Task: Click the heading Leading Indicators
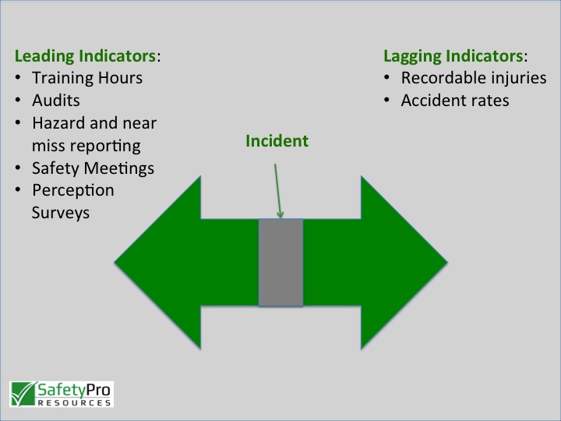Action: click(85, 56)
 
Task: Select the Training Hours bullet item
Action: click(87, 78)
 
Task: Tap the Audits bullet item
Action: click(56, 101)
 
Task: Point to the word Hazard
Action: click(58, 123)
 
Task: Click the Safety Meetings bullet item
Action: click(93, 168)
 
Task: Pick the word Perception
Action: click(73, 190)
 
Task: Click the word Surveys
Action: click(61, 212)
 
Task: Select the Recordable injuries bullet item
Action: click(473, 78)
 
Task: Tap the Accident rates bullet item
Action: click(455, 101)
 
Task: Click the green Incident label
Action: click(277, 141)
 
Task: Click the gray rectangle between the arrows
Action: click(280, 262)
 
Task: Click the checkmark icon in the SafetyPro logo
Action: click(23, 392)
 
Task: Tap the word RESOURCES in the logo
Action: click(74, 403)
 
